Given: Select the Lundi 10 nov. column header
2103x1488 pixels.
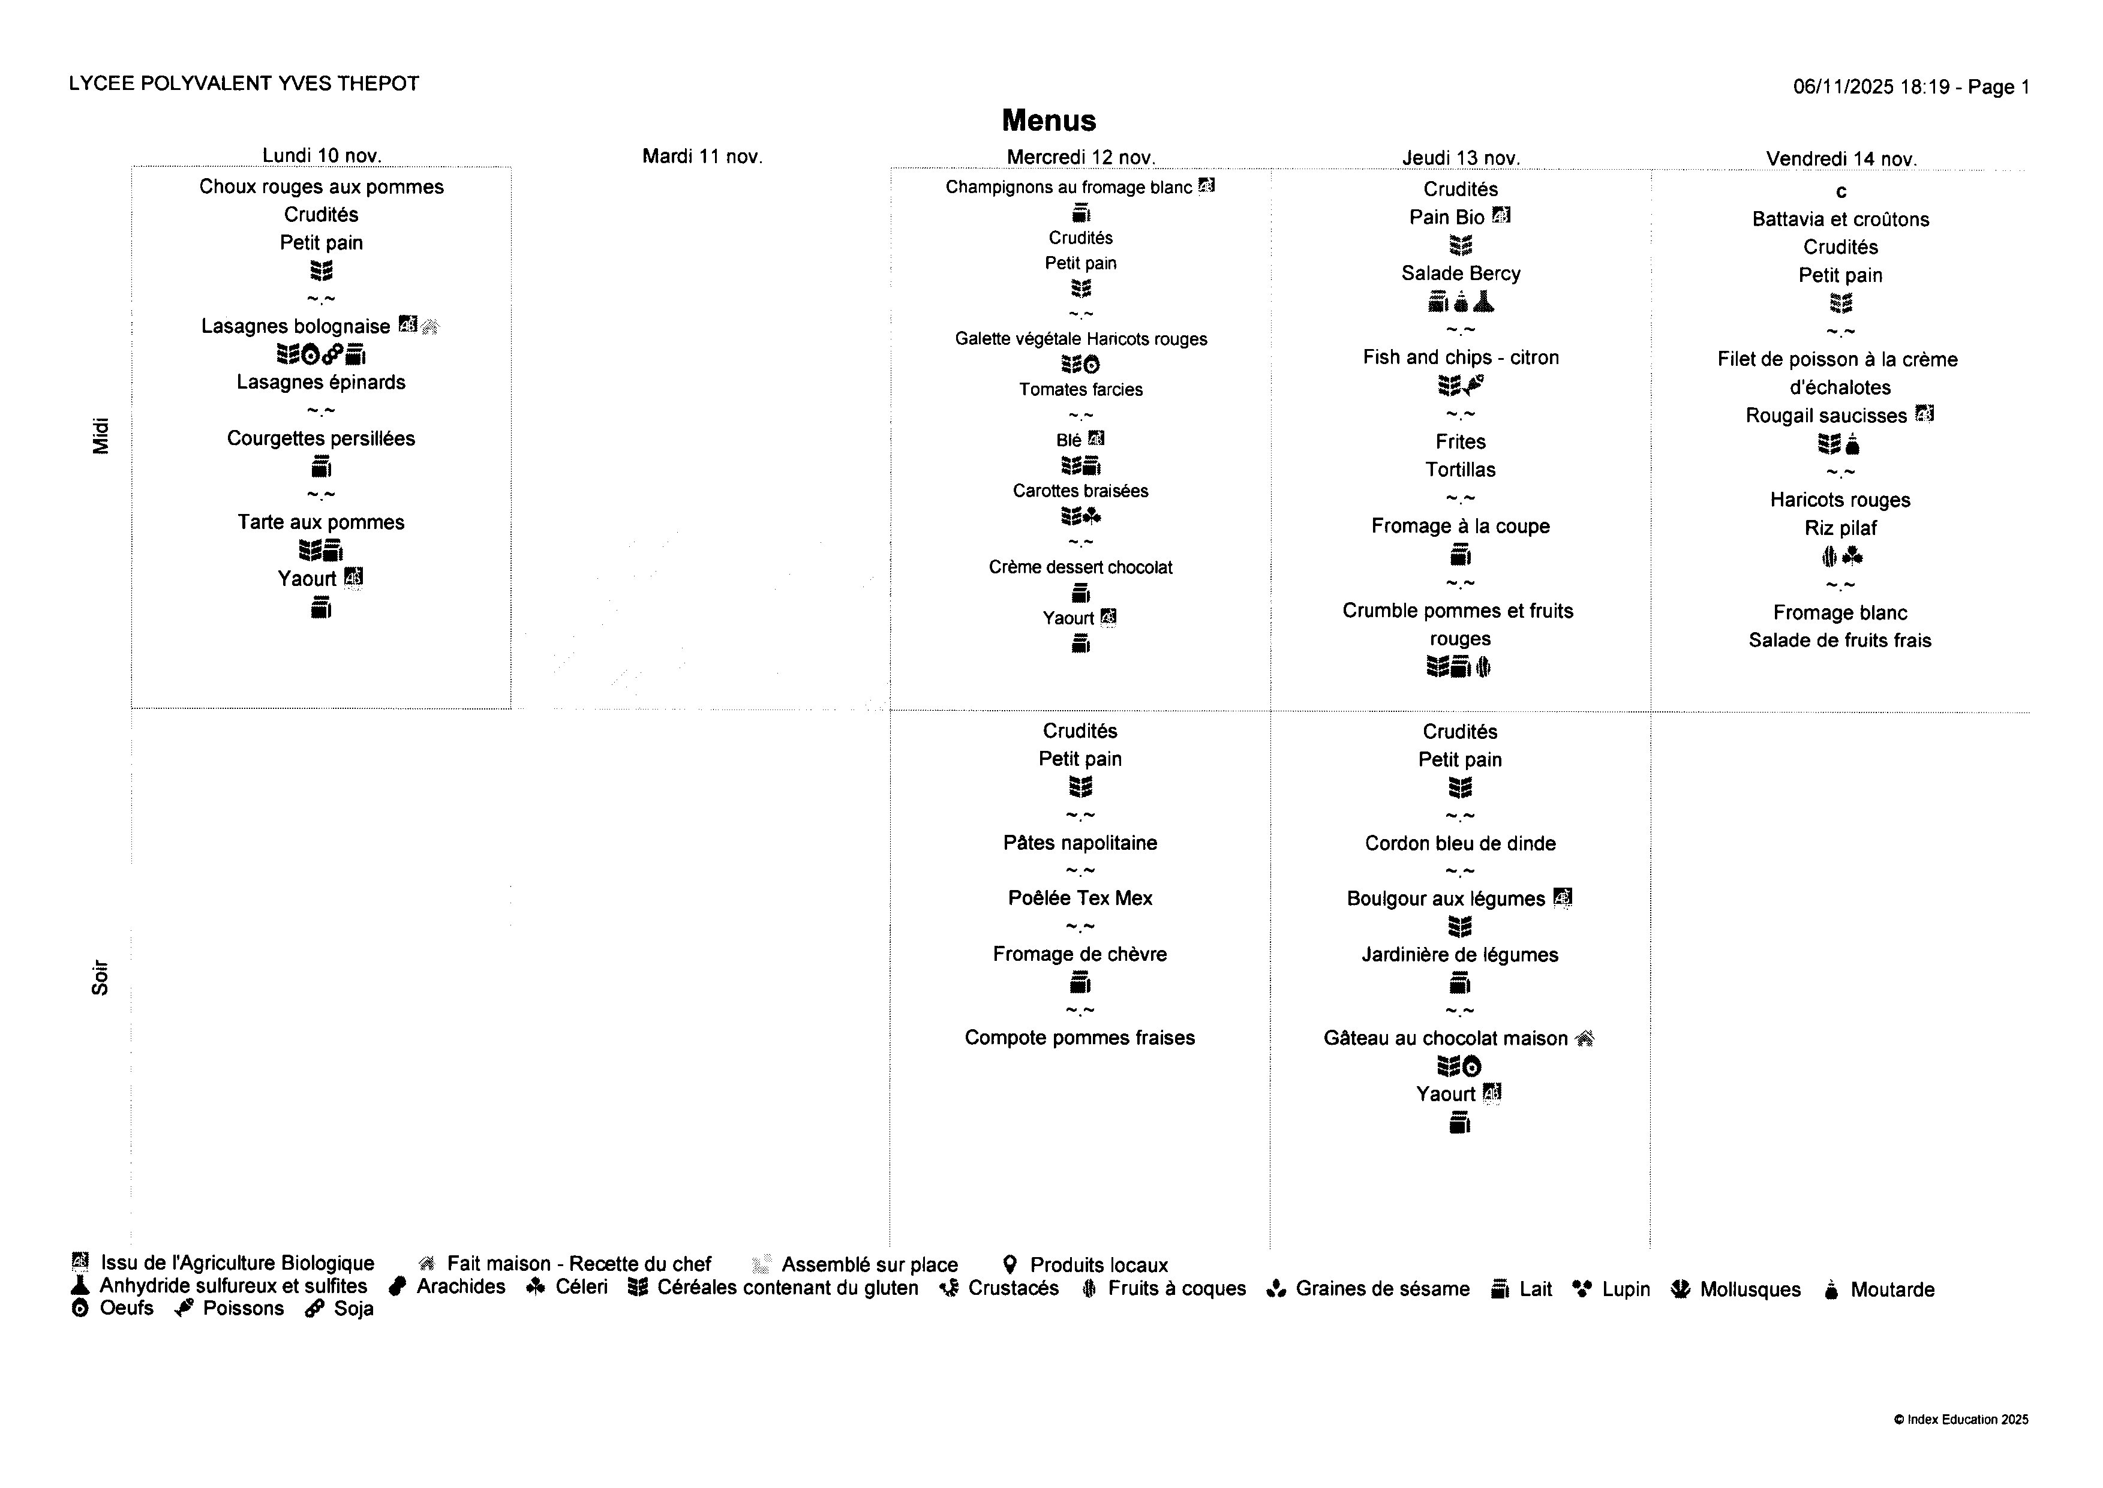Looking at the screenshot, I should pos(322,156).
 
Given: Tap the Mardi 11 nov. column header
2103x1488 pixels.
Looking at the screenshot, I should pos(702,157).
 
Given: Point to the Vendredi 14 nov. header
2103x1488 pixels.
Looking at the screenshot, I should pos(1841,158).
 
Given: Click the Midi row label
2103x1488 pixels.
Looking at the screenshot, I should pos(101,436).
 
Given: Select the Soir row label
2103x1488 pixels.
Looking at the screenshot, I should pos(100,978).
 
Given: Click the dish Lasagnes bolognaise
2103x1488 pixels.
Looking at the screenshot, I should pos(295,326).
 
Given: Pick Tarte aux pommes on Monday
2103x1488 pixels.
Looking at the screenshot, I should pos(321,522).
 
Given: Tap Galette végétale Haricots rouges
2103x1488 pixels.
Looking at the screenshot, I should pos(1080,339).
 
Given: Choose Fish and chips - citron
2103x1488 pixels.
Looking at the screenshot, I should pos(1461,357).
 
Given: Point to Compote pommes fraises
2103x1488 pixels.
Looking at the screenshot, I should pos(1080,1038).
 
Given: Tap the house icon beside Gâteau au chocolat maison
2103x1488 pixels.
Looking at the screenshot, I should pos(1584,1038).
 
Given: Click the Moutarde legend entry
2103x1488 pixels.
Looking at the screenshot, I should pos(1891,1290).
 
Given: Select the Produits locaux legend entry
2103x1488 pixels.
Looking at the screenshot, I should pos(1098,1265).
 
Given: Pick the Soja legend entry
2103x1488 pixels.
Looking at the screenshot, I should pos(353,1309).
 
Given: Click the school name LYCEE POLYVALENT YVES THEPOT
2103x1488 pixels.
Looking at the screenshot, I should pos(244,83).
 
